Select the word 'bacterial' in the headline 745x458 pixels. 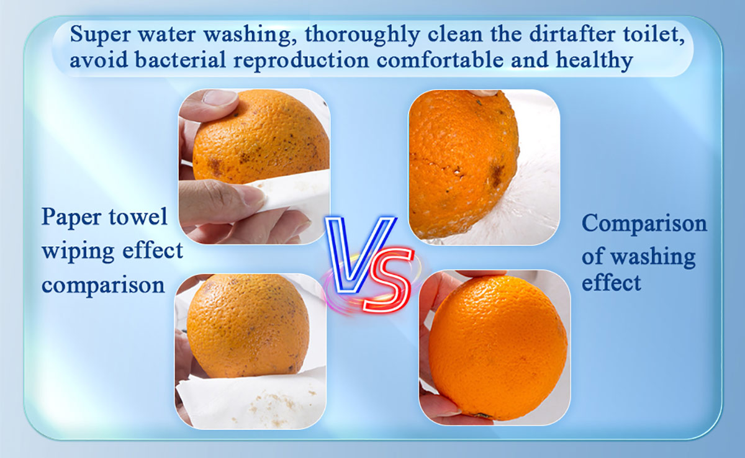(x=180, y=60)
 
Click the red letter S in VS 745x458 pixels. (x=388, y=280)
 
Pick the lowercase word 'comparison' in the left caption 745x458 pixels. (x=103, y=285)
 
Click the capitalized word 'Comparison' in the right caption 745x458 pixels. (x=644, y=224)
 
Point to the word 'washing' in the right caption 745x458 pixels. (x=654, y=258)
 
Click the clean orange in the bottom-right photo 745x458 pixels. (x=497, y=348)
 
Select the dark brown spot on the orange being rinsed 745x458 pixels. (x=497, y=175)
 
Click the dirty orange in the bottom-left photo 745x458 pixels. (x=248, y=326)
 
